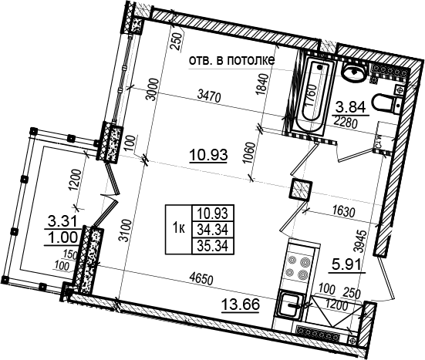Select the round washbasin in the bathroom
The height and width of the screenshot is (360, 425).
pyautogui.click(x=353, y=72)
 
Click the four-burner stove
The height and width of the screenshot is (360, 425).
pyautogui.click(x=299, y=268)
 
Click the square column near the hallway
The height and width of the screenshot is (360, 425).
pyautogui.click(x=301, y=190)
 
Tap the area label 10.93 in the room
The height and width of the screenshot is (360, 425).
pyautogui.click(x=208, y=156)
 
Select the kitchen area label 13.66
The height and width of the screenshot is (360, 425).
pyautogui.click(x=241, y=304)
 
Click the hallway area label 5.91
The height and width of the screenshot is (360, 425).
pyautogui.click(x=347, y=265)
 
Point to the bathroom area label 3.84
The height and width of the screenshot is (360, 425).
pyautogui.click(x=350, y=108)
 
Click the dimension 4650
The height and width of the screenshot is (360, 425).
pyautogui.click(x=201, y=279)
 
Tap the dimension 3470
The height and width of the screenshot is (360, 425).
pyautogui.click(x=210, y=96)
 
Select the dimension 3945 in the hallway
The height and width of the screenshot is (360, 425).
pyautogui.click(x=363, y=241)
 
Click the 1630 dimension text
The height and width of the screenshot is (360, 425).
pyautogui.click(x=344, y=212)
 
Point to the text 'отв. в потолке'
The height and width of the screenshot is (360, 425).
pyautogui.click(x=231, y=60)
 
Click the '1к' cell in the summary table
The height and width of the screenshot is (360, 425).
pyautogui.click(x=179, y=229)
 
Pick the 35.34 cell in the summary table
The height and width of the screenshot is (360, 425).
pyautogui.click(x=213, y=246)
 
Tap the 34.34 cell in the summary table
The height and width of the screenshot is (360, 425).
pyautogui.click(x=213, y=230)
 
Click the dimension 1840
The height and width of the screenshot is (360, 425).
pyautogui.click(x=263, y=85)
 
